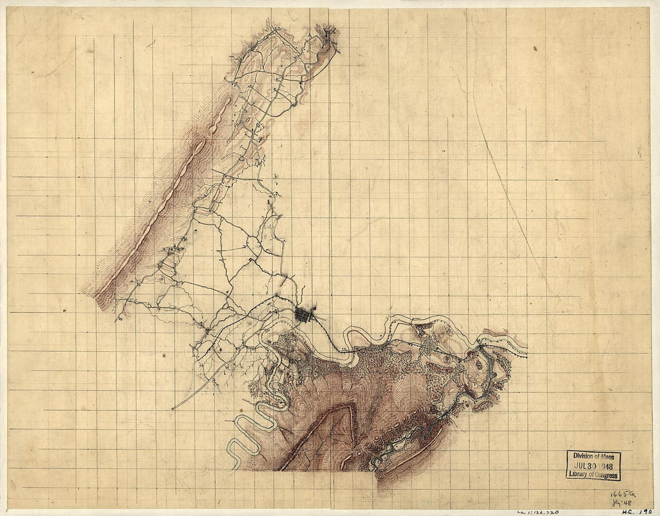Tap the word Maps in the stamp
coord(608,456)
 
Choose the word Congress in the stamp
coord(607,475)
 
